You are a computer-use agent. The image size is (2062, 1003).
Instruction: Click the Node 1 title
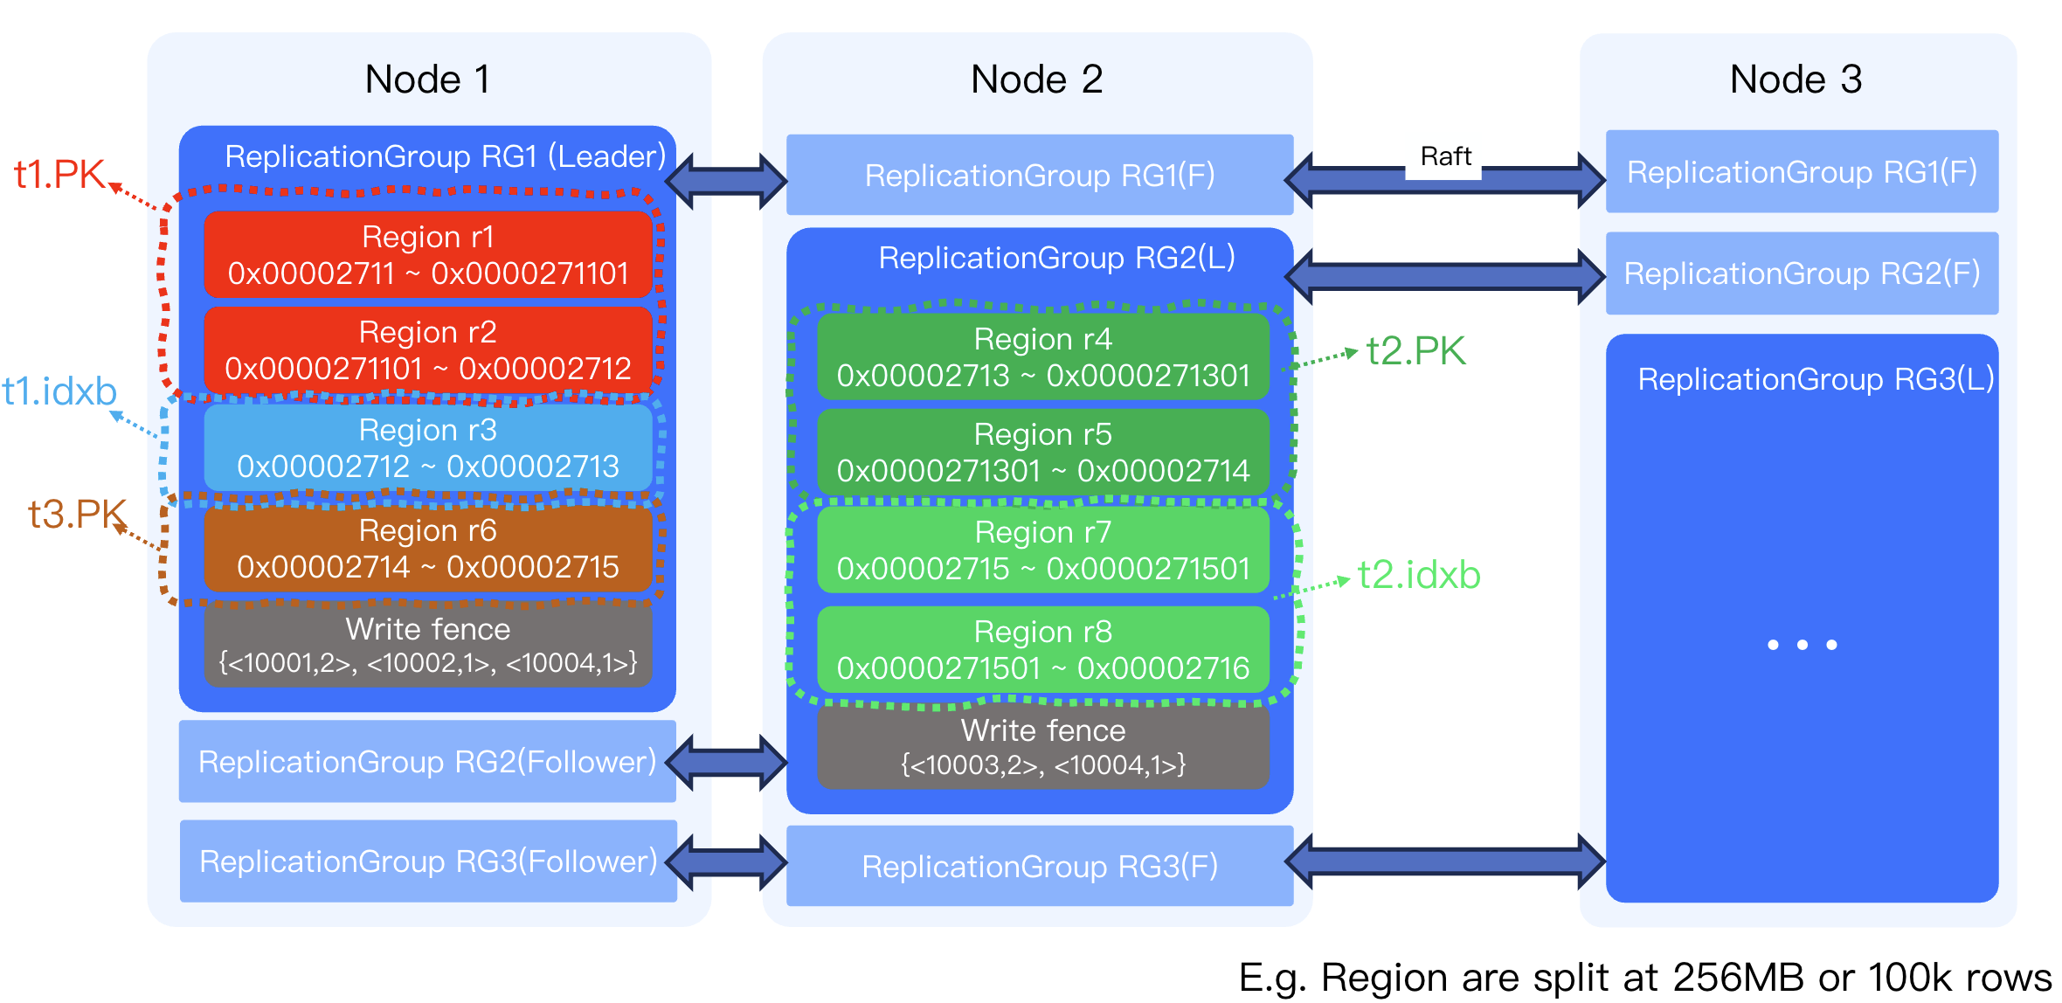427,80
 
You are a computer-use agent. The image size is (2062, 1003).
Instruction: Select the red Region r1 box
427,254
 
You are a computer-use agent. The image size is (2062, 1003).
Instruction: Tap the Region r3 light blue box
427,448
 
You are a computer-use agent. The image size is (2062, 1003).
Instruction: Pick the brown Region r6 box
427,549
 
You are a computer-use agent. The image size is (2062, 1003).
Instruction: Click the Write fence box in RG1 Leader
427,646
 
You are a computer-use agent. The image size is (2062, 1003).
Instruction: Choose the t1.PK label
59,174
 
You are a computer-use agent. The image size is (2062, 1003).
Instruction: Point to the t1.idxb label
59,391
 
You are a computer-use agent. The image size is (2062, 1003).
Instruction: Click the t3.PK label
77,514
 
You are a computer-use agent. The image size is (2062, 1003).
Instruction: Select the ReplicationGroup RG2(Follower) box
427,762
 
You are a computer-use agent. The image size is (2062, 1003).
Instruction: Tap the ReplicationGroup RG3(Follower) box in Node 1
427,861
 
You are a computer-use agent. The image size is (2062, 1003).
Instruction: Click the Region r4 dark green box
1042,356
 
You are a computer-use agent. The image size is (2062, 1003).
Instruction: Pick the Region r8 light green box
1042,649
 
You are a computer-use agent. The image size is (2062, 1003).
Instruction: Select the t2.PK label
1415,351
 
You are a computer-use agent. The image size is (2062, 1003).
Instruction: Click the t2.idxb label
1418,575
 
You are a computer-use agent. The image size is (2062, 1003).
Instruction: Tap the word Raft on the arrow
1445,156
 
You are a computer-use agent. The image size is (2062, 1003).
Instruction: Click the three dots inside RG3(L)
1802,645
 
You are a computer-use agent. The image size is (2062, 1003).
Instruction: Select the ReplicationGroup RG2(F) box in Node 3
1802,273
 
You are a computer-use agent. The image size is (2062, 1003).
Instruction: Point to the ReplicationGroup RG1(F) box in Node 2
1039,175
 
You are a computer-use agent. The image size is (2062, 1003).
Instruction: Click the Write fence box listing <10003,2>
1042,748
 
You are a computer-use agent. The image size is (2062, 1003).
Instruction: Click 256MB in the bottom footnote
1739,977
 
